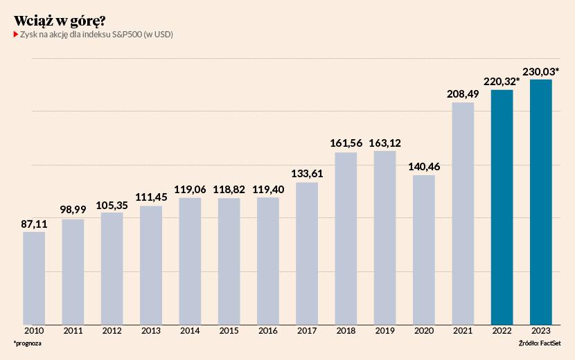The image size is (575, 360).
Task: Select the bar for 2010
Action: tap(34, 277)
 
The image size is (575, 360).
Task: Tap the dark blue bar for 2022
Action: tap(502, 206)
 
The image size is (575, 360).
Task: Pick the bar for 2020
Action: tap(424, 249)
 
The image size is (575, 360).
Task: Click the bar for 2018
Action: tap(346, 237)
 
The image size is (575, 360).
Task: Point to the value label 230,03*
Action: tap(541, 71)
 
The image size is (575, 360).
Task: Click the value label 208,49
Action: tap(463, 94)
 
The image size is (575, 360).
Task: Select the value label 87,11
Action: tap(34, 224)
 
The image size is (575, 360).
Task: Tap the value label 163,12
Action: tap(384, 143)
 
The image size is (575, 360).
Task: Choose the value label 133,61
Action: tap(307, 174)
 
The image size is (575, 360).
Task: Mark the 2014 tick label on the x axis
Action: tap(190, 331)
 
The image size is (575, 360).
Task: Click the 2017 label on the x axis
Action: tap(307, 331)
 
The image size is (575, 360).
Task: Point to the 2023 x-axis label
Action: tap(541, 331)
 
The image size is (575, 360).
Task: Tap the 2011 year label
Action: tap(73, 331)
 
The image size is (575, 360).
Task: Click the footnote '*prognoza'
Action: tap(27, 344)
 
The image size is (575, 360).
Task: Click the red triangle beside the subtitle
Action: tap(16, 34)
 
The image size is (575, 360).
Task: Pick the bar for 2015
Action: tap(229, 260)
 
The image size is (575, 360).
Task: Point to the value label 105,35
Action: tap(112, 204)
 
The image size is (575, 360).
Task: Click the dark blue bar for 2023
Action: tap(541, 201)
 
